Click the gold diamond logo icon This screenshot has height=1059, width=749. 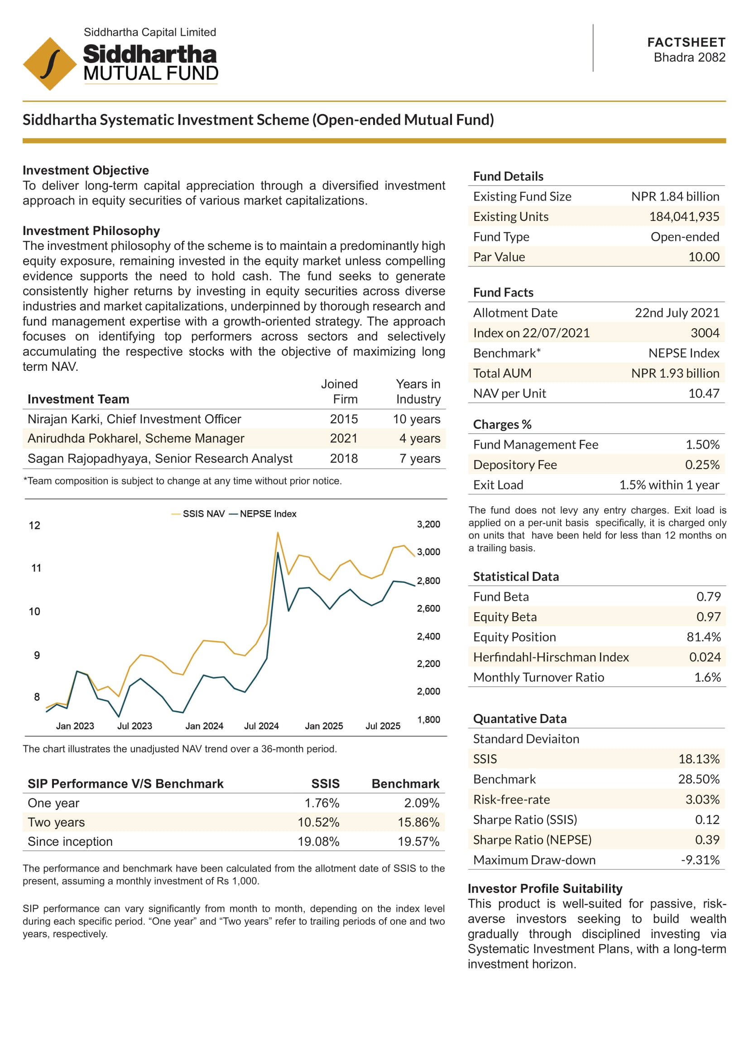(50, 64)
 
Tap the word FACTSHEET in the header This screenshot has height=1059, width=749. (686, 43)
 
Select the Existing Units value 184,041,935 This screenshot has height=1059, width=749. (684, 216)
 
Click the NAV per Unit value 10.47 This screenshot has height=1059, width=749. (704, 393)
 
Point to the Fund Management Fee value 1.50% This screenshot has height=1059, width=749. (702, 445)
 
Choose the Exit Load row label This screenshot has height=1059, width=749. (498, 485)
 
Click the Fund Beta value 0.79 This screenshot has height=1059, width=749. (708, 597)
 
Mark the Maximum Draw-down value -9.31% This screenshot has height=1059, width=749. (700, 860)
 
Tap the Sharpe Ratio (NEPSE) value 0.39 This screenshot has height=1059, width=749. (707, 839)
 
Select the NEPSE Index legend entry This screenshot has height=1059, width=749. (263, 514)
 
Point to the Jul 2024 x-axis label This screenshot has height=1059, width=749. (261, 726)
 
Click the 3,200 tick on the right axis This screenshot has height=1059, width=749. (428, 524)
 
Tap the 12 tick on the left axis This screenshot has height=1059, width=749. (34, 525)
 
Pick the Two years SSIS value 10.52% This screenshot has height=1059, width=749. (318, 822)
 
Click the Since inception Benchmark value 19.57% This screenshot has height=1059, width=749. (418, 842)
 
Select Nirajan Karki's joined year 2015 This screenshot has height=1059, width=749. (344, 419)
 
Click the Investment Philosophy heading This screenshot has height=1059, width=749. (91, 230)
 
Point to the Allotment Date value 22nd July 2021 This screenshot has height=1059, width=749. (677, 313)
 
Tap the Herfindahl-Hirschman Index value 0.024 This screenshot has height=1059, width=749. (705, 657)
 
